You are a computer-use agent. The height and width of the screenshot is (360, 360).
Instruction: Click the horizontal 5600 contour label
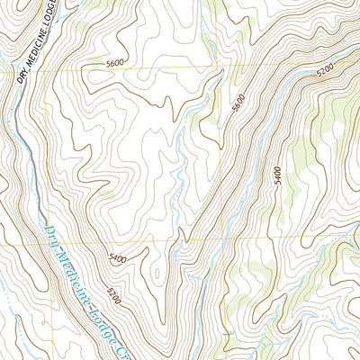[x=115, y=64]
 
